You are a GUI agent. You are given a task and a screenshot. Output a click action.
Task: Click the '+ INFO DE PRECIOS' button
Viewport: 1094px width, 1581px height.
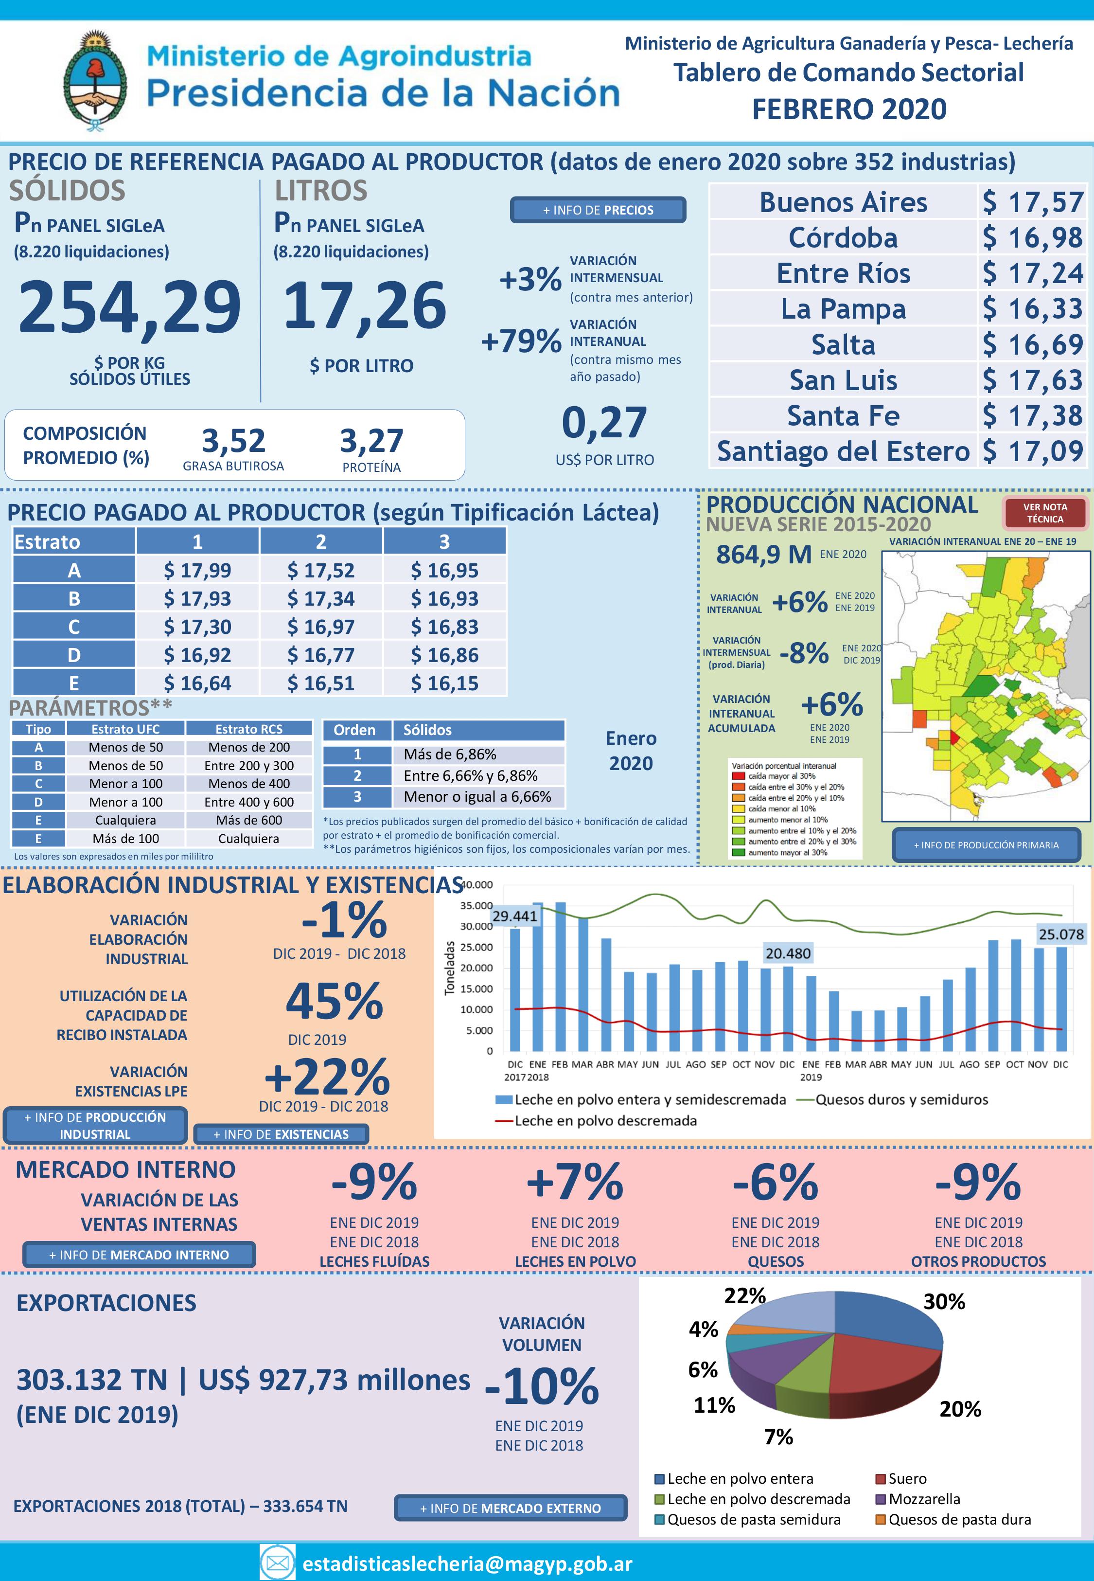598,210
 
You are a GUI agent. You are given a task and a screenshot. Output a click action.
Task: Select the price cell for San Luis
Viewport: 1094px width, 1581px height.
1032,380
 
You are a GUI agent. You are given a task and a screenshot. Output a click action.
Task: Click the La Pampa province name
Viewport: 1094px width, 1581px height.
843,308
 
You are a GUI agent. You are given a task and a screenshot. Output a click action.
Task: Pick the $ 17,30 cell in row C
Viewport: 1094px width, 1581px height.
197,627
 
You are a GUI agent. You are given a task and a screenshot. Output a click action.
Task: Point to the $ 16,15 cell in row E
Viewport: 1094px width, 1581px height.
444,683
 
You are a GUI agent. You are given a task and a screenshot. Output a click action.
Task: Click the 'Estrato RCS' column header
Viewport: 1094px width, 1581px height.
249,729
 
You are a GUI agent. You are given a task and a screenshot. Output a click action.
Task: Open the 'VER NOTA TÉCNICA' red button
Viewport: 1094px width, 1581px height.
1044,513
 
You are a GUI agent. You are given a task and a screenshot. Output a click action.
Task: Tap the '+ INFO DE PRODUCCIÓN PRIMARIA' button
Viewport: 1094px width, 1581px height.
986,844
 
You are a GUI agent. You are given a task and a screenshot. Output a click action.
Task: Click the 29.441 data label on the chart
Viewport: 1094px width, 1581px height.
515,916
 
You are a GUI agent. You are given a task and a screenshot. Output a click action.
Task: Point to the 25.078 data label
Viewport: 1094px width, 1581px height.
1061,934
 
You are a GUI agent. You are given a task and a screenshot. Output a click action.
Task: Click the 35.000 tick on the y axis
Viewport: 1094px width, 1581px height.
476,906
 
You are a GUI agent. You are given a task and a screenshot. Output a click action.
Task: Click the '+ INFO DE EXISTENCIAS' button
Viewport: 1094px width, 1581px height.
281,1134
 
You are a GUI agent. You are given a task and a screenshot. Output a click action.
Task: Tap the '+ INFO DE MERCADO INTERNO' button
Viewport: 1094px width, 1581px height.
139,1255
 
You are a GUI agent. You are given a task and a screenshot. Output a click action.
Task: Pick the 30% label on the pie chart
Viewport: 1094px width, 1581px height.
944,1301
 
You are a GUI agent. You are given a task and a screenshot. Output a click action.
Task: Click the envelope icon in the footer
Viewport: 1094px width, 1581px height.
278,1563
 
